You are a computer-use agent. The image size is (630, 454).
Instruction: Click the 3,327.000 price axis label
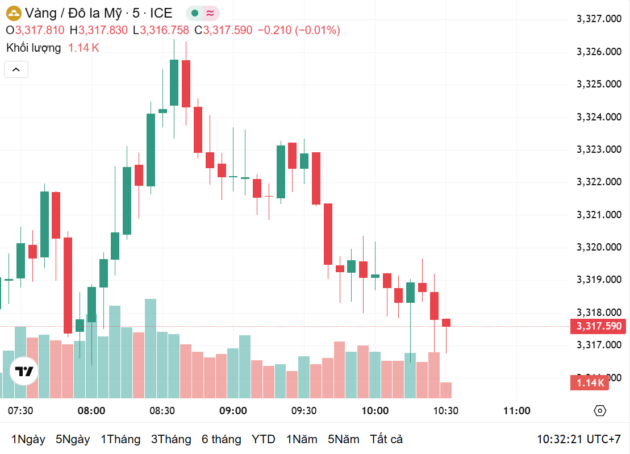tap(598, 19)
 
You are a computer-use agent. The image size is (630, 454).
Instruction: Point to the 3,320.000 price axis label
tap(598, 247)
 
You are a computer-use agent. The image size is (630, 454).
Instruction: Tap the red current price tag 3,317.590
tap(598, 326)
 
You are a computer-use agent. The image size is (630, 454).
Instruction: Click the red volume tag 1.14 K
tap(590, 383)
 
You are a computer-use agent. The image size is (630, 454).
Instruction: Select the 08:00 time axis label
tap(91, 411)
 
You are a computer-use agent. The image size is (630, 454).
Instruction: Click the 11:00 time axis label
tap(517, 411)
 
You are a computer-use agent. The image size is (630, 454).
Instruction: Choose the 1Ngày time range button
tap(28, 439)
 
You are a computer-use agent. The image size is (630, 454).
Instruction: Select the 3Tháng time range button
tap(171, 439)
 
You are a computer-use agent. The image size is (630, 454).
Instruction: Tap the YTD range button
tap(264, 439)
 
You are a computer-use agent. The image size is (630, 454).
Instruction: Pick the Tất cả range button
tap(386, 439)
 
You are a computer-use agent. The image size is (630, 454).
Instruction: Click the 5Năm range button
tap(343, 439)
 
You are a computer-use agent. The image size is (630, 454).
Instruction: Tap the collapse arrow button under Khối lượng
tap(16, 70)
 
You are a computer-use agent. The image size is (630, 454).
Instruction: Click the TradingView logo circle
tap(24, 372)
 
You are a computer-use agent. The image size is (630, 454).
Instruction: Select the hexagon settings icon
tap(600, 411)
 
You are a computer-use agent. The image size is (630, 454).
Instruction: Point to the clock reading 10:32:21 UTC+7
tap(579, 439)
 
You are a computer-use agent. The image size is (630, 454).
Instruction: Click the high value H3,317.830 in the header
tap(99, 30)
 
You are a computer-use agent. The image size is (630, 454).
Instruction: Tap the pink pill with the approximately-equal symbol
tap(211, 13)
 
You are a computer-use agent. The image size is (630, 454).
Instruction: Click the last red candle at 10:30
tap(447, 323)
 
